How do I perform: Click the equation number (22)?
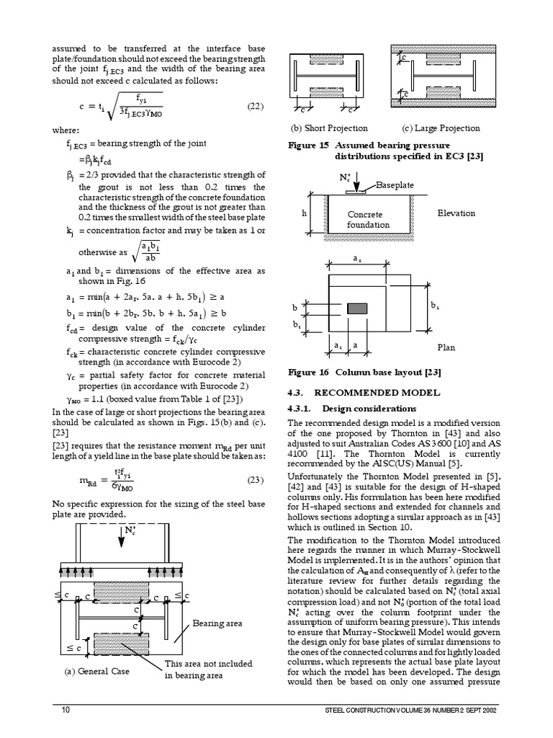pyautogui.click(x=256, y=107)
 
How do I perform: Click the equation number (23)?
pyautogui.click(x=256, y=479)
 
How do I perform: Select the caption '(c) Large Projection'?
pyautogui.click(x=441, y=128)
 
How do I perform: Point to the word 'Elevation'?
pyautogui.click(x=456, y=213)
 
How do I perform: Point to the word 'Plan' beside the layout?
pyautogui.click(x=446, y=347)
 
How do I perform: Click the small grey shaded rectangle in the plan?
pyautogui.click(x=357, y=308)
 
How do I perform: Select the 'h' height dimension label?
pyautogui.click(x=305, y=214)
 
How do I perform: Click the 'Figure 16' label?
pyautogui.click(x=307, y=373)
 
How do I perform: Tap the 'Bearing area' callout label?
pyautogui.click(x=217, y=622)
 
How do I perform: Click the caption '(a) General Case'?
pyautogui.click(x=96, y=673)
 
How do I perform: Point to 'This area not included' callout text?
pyautogui.click(x=210, y=664)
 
